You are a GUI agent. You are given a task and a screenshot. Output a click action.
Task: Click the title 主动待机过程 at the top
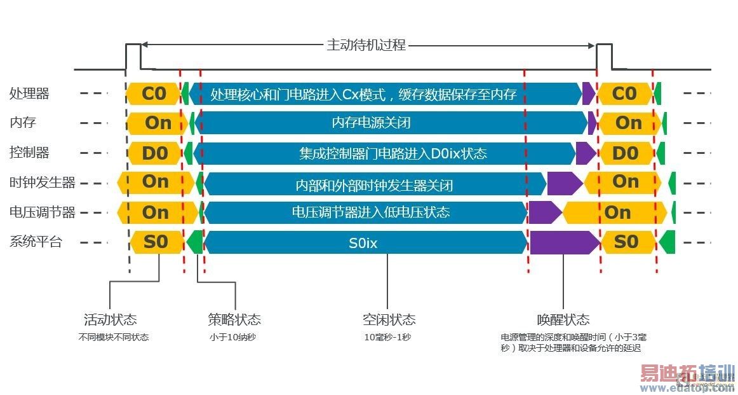click(x=366, y=45)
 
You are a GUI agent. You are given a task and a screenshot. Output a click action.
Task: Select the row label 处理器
click(x=29, y=94)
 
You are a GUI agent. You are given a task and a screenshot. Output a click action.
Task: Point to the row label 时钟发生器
click(x=42, y=183)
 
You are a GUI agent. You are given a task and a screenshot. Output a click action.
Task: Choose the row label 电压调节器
click(x=42, y=212)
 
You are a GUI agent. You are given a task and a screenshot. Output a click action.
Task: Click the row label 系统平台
click(x=36, y=242)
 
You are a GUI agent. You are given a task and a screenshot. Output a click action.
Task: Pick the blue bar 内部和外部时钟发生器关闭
click(x=374, y=185)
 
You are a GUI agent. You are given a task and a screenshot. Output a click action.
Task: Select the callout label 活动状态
click(x=111, y=319)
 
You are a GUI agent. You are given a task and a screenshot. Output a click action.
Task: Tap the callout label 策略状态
click(x=234, y=319)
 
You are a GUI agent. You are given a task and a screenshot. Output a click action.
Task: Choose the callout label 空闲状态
click(x=389, y=319)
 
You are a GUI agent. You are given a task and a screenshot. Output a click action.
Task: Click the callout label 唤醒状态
click(x=563, y=319)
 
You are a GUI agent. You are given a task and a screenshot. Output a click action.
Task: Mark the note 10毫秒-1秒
click(x=387, y=337)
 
